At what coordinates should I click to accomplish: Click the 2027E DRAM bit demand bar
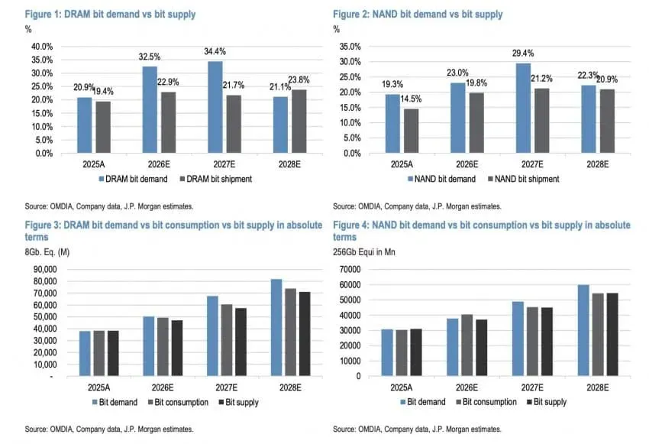tap(215, 107)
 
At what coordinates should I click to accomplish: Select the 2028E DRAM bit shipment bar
tap(299, 122)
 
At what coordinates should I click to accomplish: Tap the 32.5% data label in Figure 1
tap(150, 57)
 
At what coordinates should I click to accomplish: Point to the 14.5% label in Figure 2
tap(411, 99)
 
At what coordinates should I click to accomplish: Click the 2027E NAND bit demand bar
tap(523, 108)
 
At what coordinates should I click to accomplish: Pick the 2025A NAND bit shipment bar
tap(411, 131)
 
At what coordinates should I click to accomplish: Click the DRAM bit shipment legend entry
tap(215, 179)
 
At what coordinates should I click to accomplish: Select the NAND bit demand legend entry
tap(441, 179)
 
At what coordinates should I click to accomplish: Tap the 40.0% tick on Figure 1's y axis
tap(42, 47)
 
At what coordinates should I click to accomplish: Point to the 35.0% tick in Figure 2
tap(350, 47)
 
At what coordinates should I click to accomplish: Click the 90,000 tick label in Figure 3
tap(45, 269)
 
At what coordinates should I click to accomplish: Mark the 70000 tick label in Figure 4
tap(350, 269)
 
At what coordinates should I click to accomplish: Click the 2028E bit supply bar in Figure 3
tap(305, 334)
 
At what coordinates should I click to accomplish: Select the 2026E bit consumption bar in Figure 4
tap(467, 345)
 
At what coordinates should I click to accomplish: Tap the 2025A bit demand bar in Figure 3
tap(85, 353)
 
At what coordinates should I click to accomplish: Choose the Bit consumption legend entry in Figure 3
tap(178, 402)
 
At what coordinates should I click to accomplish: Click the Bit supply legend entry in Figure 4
tap(547, 402)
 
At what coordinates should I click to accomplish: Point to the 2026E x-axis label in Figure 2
tap(467, 164)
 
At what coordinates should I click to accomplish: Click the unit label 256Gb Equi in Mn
tap(364, 252)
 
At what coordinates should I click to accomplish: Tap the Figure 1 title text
tap(110, 14)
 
